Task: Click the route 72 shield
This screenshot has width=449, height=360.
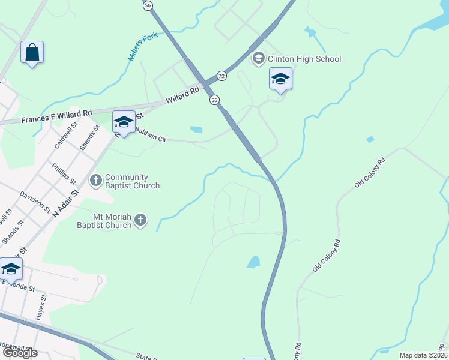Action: point(222,76)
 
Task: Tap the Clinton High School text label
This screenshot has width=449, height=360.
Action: point(304,59)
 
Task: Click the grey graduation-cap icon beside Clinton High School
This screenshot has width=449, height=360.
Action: point(259,59)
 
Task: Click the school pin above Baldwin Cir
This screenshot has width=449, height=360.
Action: point(124,122)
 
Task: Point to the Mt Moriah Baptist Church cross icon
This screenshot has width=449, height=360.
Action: point(140,220)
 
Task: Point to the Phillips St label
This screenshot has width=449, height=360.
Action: point(64,173)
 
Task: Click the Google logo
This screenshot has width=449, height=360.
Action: point(19,353)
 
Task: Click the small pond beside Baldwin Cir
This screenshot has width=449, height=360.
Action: point(196,129)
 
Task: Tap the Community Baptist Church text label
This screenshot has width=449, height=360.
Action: point(132,181)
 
